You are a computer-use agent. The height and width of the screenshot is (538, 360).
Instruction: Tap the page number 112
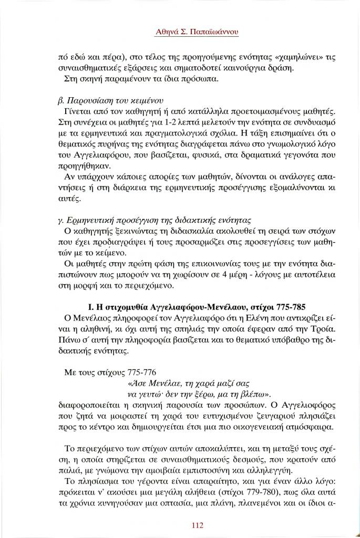point(198,525)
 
